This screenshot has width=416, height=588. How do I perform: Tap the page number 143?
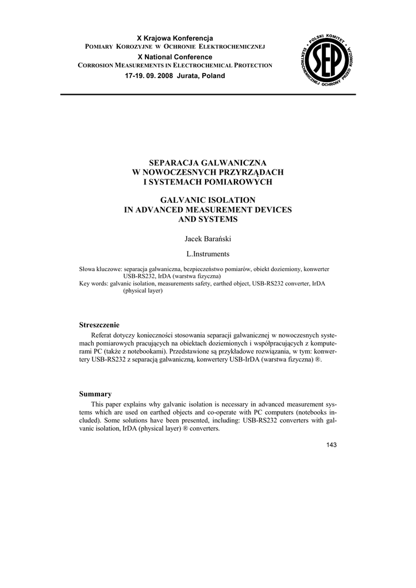tap(331, 445)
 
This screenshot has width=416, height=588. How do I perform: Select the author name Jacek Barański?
tap(208, 238)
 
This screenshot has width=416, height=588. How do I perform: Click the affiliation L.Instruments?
tap(208, 253)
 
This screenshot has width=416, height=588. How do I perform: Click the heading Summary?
tap(95, 394)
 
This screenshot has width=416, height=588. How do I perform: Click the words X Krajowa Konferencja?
tap(175, 37)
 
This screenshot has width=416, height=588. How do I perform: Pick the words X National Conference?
tap(175, 57)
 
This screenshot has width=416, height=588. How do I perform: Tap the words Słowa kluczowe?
tap(100, 269)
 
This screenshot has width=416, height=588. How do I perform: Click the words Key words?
tap(93, 284)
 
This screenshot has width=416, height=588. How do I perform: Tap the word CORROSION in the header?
tap(96, 66)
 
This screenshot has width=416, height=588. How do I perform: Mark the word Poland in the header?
tap(213, 76)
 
